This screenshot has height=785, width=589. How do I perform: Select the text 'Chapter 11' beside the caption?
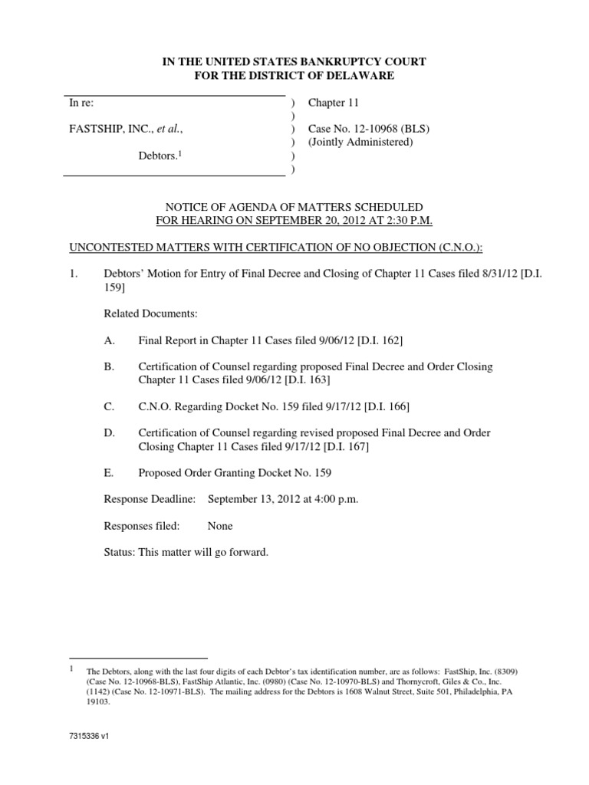(334, 102)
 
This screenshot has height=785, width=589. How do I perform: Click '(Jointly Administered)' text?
(360, 142)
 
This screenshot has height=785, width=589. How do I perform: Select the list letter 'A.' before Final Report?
(109, 339)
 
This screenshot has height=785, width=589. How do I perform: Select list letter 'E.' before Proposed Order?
(108, 472)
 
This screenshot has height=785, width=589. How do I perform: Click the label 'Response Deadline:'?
(149, 499)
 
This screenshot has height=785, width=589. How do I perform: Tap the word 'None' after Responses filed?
(220, 526)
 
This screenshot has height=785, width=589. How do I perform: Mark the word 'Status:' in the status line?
(119, 552)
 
